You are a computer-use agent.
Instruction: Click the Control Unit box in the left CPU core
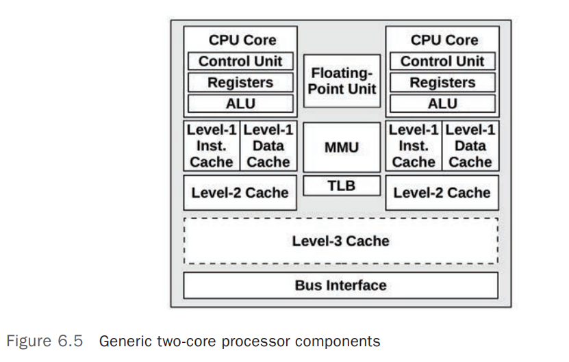pos(240,62)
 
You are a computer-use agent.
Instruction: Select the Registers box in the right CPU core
pos(442,83)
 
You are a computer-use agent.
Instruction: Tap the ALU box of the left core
pos(240,104)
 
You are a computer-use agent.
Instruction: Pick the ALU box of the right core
pos(442,104)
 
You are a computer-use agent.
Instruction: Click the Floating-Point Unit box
pos(341,81)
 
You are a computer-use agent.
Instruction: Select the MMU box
pos(341,146)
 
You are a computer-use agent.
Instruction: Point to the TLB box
pos(341,185)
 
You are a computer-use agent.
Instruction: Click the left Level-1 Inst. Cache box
pos(212,146)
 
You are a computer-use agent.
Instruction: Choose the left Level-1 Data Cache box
pos(268,146)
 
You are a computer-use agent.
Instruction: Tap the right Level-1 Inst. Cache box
pos(414,146)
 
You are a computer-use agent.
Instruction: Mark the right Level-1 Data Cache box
pos(471,146)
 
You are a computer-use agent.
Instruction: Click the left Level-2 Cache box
pos(240,192)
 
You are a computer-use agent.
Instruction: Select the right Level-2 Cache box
pos(442,192)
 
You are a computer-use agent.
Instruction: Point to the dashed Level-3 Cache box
pos(341,241)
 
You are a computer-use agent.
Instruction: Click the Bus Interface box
pos(341,285)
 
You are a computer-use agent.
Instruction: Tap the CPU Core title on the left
pos(240,40)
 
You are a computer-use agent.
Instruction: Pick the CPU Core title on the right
pos(442,40)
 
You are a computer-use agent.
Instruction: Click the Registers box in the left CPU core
pos(240,83)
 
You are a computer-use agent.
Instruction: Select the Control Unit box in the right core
pos(442,62)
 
